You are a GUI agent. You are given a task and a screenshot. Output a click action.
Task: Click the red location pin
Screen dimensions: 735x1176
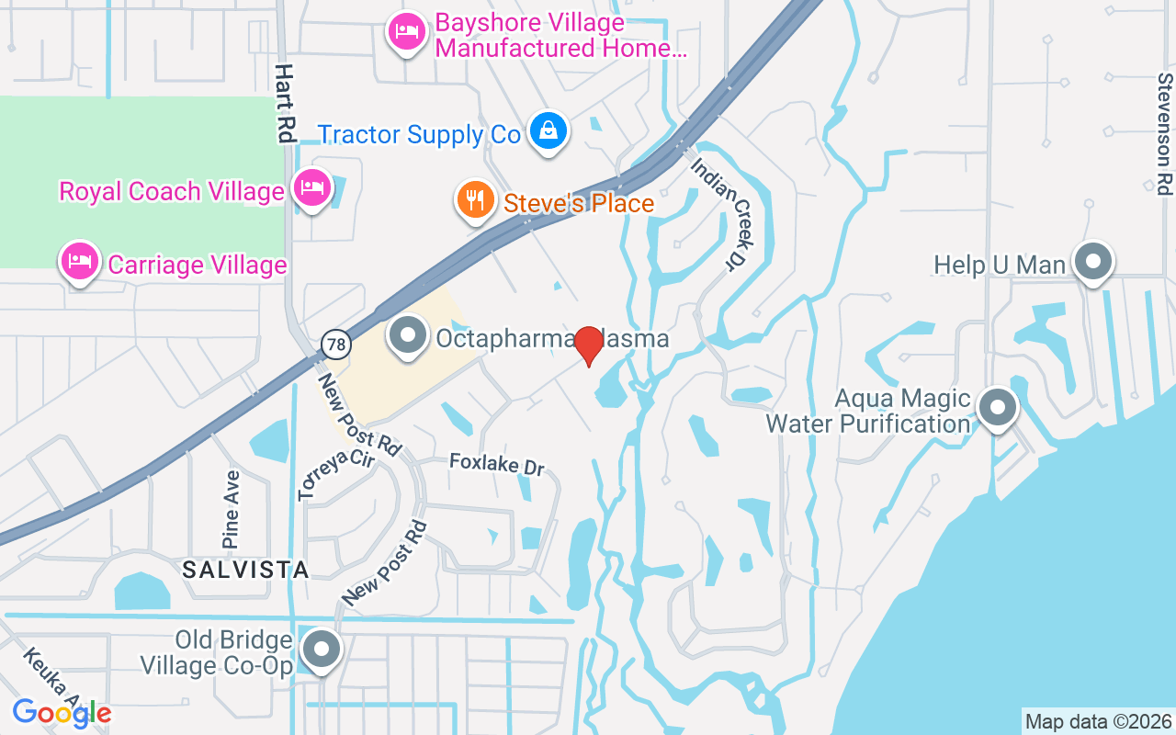pos(589,345)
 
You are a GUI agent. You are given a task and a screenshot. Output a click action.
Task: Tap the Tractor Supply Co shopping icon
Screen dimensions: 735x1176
pos(548,130)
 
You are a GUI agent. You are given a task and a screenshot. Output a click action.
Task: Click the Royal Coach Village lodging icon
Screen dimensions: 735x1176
pos(312,187)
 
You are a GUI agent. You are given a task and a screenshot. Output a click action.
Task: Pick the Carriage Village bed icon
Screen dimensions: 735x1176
pos(80,261)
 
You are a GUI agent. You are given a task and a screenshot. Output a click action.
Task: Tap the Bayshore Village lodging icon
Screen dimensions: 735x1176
pos(406,32)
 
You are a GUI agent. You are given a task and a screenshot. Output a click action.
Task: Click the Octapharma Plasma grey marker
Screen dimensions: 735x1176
pos(408,335)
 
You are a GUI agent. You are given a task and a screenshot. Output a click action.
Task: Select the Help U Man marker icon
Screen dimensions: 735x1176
pos(1093,262)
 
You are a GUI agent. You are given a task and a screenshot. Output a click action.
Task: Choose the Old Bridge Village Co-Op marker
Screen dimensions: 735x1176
pos(321,649)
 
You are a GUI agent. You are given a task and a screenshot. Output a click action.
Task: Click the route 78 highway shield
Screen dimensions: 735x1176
pos(336,345)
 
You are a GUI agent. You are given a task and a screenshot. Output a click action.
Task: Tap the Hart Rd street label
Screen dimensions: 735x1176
pos(285,103)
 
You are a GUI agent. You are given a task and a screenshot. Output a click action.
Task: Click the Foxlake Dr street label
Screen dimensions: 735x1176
pos(497,464)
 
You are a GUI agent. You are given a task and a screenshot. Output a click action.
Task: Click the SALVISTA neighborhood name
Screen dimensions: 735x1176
pos(245,570)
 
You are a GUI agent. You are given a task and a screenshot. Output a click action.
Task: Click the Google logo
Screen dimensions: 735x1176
pos(62,713)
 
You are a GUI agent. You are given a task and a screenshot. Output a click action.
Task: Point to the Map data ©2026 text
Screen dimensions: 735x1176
pos(1099,722)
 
